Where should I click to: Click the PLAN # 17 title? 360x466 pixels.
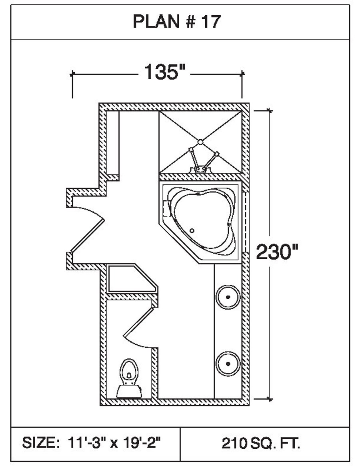coord(176,22)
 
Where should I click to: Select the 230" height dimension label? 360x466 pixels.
coord(277,252)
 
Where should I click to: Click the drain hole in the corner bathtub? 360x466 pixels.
coord(192,230)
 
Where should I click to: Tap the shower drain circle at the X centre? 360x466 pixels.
coord(201,142)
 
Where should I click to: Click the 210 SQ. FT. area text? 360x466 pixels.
coord(261,443)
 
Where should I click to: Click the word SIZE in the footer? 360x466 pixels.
coord(39,443)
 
